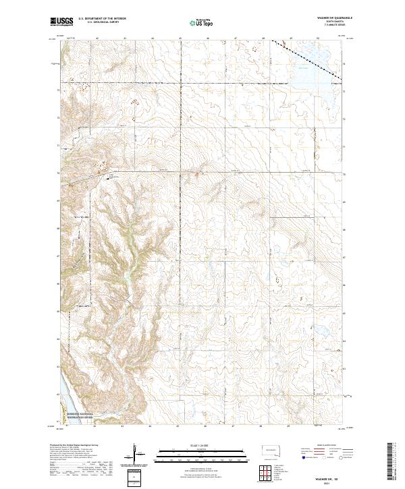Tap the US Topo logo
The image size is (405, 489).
click(198, 23)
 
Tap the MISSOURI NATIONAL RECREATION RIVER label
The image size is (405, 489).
click(82, 417)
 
